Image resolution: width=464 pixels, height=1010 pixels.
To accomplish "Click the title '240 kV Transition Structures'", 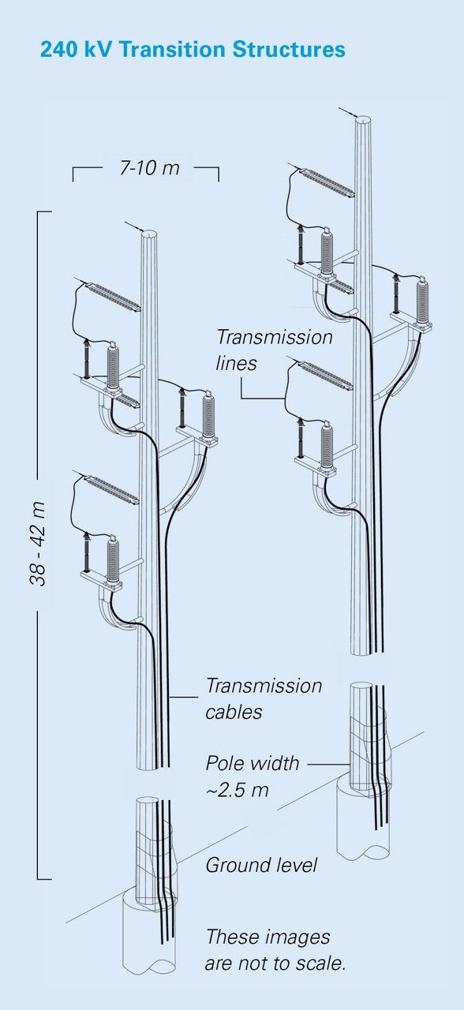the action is [x=193, y=49].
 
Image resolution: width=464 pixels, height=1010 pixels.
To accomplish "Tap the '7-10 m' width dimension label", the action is [x=149, y=168].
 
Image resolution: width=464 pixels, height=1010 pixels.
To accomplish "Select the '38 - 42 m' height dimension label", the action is [x=39, y=544].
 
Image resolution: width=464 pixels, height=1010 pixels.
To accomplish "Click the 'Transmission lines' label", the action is [x=274, y=350].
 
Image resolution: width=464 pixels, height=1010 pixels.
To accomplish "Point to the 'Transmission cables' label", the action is [x=264, y=698].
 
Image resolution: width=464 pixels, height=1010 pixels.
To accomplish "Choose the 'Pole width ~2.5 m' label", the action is [x=252, y=776].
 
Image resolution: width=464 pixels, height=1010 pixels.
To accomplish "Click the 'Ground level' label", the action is [x=261, y=865].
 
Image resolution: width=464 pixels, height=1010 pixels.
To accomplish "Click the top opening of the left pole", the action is [x=149, y=235].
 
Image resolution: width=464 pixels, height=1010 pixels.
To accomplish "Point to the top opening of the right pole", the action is [x=364, y=121].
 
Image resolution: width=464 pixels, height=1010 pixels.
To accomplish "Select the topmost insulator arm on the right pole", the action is [x=324, y=181].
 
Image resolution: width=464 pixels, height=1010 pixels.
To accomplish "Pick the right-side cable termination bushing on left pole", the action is [x=208, y=414].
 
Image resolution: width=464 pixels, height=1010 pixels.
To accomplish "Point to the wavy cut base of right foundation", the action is [x=364, y=852].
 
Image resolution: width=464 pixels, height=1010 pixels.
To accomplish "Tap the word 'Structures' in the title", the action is [x=289, y=49].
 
